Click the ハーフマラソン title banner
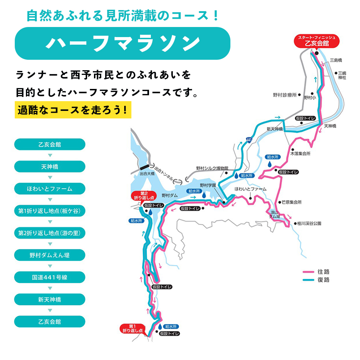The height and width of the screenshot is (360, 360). (122, 43)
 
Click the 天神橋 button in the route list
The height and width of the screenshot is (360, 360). (50, 167)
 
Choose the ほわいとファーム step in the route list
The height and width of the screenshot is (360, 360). (50, 189)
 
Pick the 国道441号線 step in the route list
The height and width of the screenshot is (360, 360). (50, 277)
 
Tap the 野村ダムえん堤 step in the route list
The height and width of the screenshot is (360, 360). (50, 255)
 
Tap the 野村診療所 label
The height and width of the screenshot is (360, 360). (284, 95)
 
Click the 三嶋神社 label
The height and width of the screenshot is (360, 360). (342, 75)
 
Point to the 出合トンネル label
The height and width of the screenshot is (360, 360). (163, 174)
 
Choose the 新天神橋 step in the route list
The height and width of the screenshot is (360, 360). (50, 300)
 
